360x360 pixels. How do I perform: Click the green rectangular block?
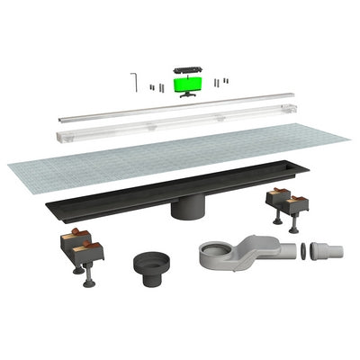point(187,85)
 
